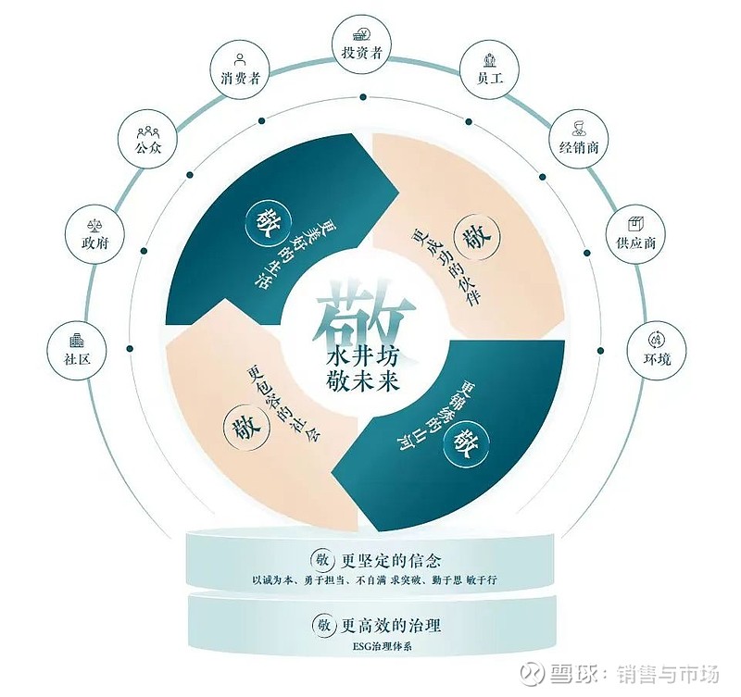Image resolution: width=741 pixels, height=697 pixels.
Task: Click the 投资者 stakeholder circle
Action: pos(361,44)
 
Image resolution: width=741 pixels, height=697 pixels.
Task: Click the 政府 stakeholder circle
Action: pos(95,234)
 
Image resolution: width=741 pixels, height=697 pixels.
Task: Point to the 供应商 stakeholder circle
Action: pos(635,234)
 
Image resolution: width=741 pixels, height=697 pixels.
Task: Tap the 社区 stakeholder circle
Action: pos(77,350)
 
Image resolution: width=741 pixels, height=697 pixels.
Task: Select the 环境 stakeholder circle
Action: pos(656,350)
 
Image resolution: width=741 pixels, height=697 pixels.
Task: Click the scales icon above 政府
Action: pos(95,224)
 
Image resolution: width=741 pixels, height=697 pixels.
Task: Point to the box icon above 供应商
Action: pos(635,223)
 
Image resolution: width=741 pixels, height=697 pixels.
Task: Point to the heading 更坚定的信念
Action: pos(391,561)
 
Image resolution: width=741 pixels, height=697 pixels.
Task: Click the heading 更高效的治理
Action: pos(391,626)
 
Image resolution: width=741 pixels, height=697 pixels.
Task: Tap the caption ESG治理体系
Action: pos(376,646)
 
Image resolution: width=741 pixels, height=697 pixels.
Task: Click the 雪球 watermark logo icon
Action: pos(534,675)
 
